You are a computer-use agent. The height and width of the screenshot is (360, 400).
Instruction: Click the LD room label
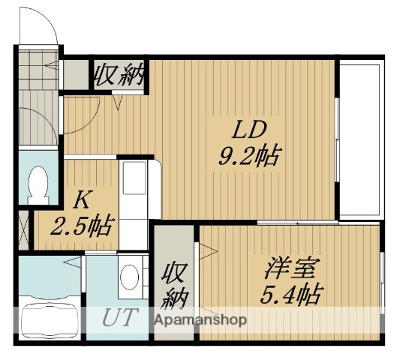pos(248,130)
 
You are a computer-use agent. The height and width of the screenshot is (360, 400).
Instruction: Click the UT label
pos(119,317)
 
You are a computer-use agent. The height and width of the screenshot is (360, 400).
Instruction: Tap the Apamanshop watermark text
pos(200,319)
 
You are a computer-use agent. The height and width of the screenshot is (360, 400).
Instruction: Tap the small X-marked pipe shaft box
pos(23,229)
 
